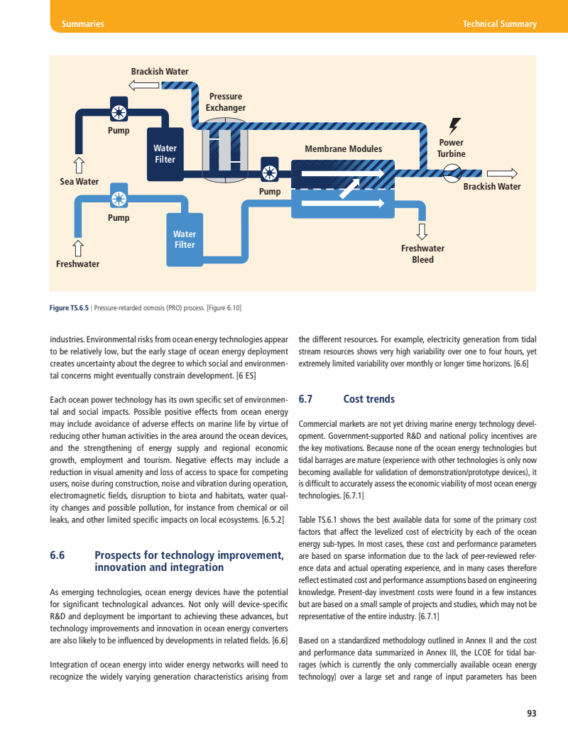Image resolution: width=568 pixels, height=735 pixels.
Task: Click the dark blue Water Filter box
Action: tap(165, 154)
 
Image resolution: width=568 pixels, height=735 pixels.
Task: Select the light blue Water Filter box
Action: tap(185, 240)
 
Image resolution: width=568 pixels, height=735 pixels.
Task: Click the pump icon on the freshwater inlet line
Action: tap(119, 198)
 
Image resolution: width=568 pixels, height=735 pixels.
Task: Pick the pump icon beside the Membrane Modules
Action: tap(270, 173)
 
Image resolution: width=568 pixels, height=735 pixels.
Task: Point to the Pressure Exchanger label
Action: tap(226, 102)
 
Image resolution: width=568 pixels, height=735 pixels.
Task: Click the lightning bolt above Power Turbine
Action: tap(454, 125)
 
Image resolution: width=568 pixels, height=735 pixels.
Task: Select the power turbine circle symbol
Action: tap(452, 173)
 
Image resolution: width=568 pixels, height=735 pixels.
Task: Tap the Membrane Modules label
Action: tap(343, 149)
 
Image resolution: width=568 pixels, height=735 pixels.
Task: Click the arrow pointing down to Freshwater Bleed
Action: tap(422, 232)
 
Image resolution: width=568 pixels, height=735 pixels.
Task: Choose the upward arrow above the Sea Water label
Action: tap(79, 165)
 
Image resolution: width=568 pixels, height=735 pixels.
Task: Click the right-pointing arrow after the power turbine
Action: tap(502, 173)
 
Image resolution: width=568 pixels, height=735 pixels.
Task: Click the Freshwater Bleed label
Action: tap(422, 254)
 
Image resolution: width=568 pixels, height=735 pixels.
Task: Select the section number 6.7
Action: tap(306, 399)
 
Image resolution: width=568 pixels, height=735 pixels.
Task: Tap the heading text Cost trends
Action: tap(369, 399)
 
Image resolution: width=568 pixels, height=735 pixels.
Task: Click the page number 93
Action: tap(531, 714)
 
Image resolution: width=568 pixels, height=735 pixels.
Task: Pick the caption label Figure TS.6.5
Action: tap(69, 308)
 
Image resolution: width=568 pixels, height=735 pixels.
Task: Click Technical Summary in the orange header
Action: tap(499, 24)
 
